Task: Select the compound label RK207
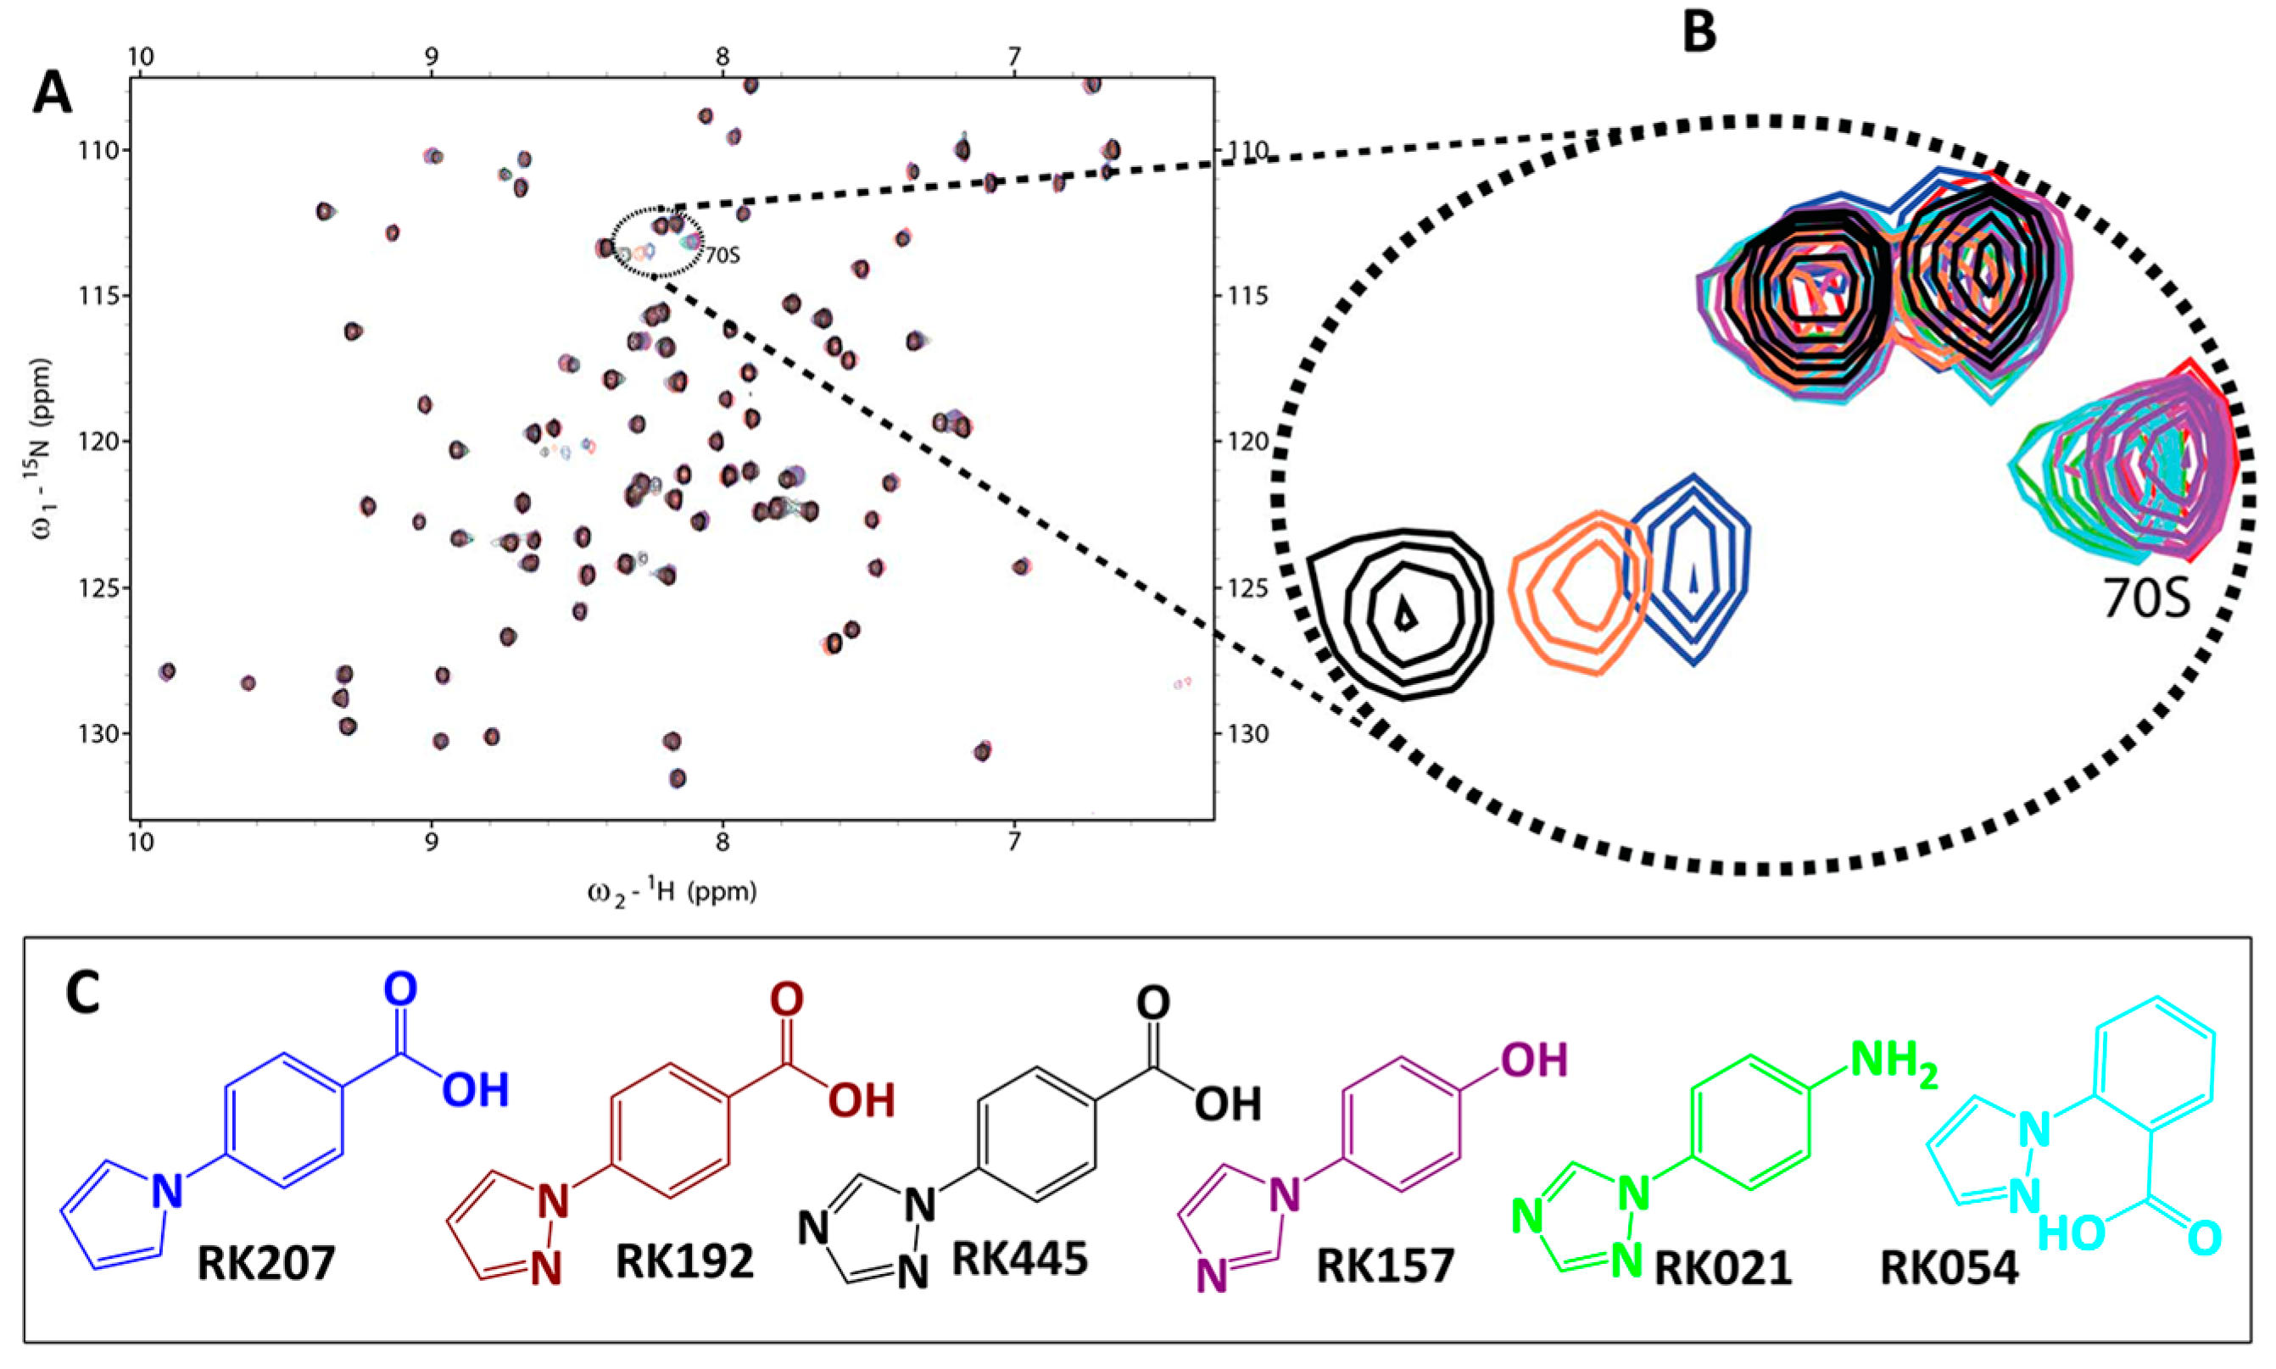tap(265, 1263)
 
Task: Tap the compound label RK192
tap(683, 1261)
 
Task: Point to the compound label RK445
tap(1019, 1257)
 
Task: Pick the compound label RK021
tap(1722, 1267)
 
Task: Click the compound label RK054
tap(1949, 1267)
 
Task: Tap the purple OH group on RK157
tap(1534, 1061)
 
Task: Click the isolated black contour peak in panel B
tap(1403, 613)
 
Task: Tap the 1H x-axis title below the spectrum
tap(672, 892)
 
